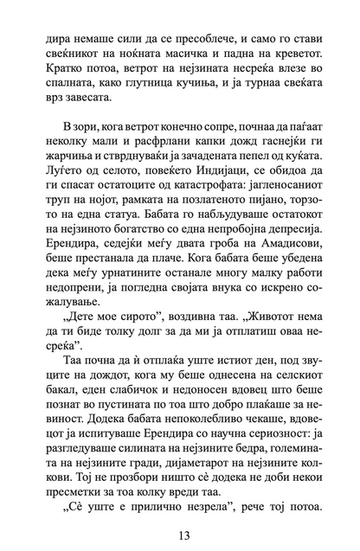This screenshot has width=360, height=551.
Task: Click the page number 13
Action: [x=180, y=527]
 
